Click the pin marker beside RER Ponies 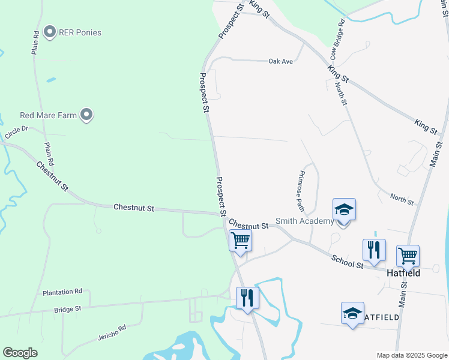(x=50, y=32)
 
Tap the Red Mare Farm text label (x=49, y=115)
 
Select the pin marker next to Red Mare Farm (x=86, y=115)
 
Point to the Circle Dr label (x=16, y=133)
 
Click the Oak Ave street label (x=280, y=61)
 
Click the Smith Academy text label (x=304, y=221)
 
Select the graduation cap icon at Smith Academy (x=344, y=210)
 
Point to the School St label (x=348, y=261)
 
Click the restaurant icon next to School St (x=373, y=250)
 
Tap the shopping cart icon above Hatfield (x=408, y=256)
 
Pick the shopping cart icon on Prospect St (x=241, y=241)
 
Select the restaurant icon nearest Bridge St (x=247, y=298)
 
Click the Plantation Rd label (x=62, y=292)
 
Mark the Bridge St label (x=67, y=309)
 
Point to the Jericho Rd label (x=112, y=333)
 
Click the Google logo (x=20, y=353)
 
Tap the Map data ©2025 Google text (x=412, y=355)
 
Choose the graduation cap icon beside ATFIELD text (x=352, y=313)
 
